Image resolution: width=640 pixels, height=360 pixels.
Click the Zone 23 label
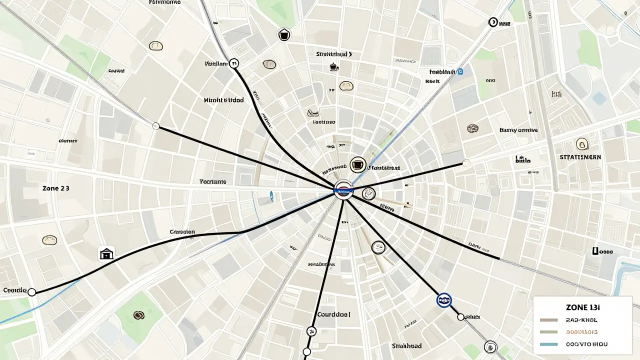pos(56,188)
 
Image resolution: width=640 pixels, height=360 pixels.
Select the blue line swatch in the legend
pos(549,344)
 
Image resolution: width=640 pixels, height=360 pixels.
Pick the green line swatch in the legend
pos(549,331)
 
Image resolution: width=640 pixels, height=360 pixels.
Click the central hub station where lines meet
pos(344,190)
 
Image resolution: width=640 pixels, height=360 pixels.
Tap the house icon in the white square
pos(106,253)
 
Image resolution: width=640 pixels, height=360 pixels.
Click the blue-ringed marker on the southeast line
pos(443,300)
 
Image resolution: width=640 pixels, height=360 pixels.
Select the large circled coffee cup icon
pos(357,164)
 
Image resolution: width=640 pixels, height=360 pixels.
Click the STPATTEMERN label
pos(580,157)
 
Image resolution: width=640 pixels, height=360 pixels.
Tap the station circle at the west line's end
pos(32,291)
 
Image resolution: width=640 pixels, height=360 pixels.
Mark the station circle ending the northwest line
pos(155,126)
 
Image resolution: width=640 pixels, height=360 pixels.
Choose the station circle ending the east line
pos(466,162)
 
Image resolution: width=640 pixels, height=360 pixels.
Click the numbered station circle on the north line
pos(234,63)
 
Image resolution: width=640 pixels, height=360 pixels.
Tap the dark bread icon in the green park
pos(138,315)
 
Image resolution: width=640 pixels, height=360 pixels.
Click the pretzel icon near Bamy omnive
pos(472,129)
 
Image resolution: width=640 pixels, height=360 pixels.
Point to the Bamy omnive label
pos(518,130)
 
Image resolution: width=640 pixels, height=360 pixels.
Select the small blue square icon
pos(460,71)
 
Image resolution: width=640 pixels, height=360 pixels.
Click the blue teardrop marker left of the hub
pos(271,196)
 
